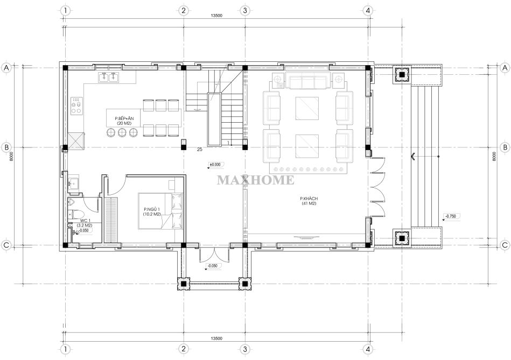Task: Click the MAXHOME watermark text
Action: (x=255, y=180)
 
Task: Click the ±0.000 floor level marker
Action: (x=215, y=165)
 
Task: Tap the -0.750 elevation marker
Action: (x=451, y=216)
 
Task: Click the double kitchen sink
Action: (x=109, y=77)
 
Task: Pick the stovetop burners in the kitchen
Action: (x=76, y=105)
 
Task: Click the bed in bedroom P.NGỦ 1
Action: (x=160, y=211)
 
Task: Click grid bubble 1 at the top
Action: (x=66, y=10)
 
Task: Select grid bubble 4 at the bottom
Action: (x=368, y=349)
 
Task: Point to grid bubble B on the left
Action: (x=6, y=147)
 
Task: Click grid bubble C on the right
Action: (x=505, y=245)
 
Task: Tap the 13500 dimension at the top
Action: (x=216, y=15)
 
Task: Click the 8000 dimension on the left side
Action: (x=11, y=157)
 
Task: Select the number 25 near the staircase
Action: (x=199, y=150)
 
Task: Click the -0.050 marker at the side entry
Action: (x=213, y=266)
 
